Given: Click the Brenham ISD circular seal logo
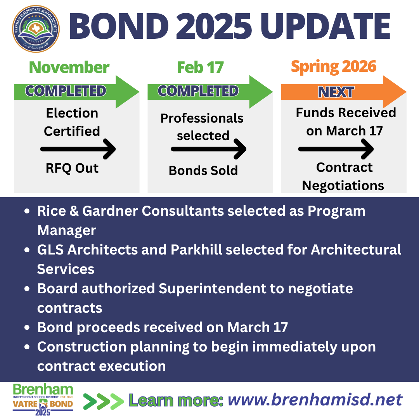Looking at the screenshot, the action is [36, 29].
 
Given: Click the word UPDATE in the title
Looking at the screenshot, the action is [325, 26].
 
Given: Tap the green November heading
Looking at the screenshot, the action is [69, 68].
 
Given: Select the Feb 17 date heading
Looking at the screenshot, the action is [200, 68].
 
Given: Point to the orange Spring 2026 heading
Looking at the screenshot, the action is [334, 67].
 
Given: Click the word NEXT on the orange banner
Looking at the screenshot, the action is [336, 92].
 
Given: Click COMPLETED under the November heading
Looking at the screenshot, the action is [66, 91].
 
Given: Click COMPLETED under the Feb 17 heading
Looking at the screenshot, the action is [198, 91].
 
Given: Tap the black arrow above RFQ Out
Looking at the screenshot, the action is [78, 149].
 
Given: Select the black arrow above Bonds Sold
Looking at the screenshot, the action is [209, 149].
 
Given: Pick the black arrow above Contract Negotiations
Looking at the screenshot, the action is [336, 149].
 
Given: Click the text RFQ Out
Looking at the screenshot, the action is [72, 168].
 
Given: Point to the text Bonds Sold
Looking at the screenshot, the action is [203, 170].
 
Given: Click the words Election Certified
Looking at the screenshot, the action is [72, 122].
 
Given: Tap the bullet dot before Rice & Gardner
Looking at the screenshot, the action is [27, 211].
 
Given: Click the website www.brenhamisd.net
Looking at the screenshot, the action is [315, 400].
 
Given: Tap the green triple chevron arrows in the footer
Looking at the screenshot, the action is [104, 401].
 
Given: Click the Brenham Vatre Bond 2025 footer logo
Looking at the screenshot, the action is [43, 400].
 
